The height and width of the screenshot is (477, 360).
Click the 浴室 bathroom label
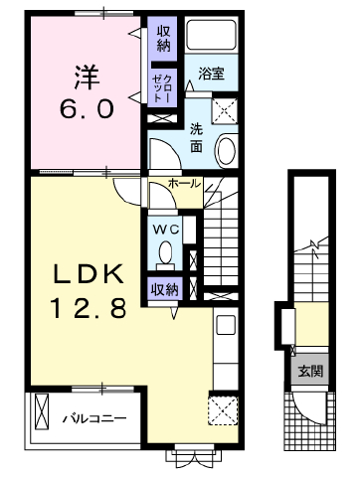point(211,74)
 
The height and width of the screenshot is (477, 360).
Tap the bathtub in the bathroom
point(211,34)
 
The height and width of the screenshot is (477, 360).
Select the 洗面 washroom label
point(196,138)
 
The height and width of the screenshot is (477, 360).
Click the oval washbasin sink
point(227,150)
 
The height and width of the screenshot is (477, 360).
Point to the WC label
point(165,229)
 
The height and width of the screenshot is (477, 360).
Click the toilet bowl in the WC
point(165,254)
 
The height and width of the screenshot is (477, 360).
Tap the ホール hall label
point(185,183)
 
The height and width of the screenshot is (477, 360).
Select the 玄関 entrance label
point(310,371)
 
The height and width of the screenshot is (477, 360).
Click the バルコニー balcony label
point(94,418)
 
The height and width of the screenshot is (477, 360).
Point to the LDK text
point(90,274)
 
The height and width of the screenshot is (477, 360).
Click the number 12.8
point(89,308)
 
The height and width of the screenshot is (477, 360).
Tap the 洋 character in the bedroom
point(87,78)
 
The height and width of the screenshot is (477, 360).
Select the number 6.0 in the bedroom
point(87,109)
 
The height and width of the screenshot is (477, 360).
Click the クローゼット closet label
point(162,87)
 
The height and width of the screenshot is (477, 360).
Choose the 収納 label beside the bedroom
point(163,40)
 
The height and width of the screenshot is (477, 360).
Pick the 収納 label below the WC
point(165,290)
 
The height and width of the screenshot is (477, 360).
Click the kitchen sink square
point(226,325)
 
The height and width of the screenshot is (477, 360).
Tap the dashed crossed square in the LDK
point(223,410)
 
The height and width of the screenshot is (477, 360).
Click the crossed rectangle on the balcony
point(42,411)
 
